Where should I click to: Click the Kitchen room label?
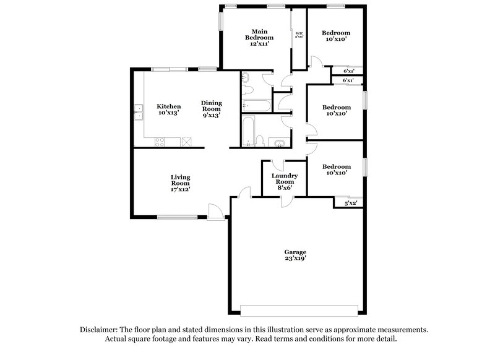click(x=168, y=110)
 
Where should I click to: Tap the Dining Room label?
click(x=211, y=109)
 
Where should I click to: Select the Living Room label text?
click(x=180, y=184)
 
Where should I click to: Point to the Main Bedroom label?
click(x=258, y=37)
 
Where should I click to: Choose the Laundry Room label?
click(x=285, y=179)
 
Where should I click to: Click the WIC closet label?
click(x=299, y=35)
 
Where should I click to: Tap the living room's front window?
click(x=176, y=216)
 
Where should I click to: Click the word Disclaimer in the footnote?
click(x=101, y=330)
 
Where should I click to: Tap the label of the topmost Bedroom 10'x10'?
click(x=337, y=36)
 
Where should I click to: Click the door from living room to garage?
click(x=246, y=193)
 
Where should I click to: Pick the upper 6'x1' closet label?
click(x=348, y=71)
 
